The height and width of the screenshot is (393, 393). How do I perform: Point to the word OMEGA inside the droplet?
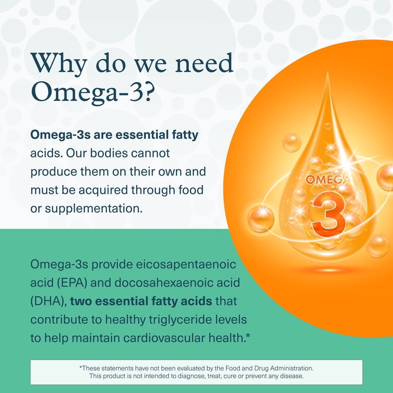pos(327,180)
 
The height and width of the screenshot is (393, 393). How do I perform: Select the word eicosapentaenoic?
pos(186,265)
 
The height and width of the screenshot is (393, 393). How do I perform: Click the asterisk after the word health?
pos(248,335)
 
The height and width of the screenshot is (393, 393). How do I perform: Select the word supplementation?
pos(94,209)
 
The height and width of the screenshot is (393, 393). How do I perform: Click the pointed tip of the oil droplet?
pos(328,72)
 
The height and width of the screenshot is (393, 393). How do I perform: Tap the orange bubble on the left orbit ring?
pos(260,219)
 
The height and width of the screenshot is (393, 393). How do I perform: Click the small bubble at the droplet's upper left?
pos(292,143)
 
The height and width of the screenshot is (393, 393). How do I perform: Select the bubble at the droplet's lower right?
pos(378,246)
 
